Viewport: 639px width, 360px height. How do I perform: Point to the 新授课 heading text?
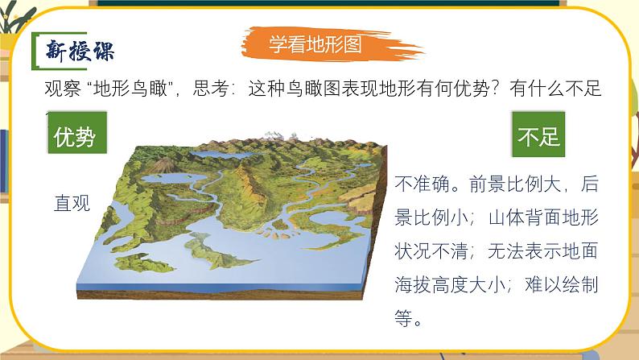(78, 51)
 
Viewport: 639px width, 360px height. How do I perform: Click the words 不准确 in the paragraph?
(422, 184)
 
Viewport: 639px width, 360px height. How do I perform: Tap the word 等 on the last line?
(404, 320)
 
